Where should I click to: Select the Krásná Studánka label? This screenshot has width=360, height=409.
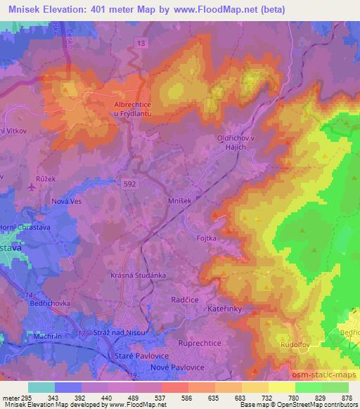(137, 275)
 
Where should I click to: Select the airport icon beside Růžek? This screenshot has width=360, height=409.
(30, 188)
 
